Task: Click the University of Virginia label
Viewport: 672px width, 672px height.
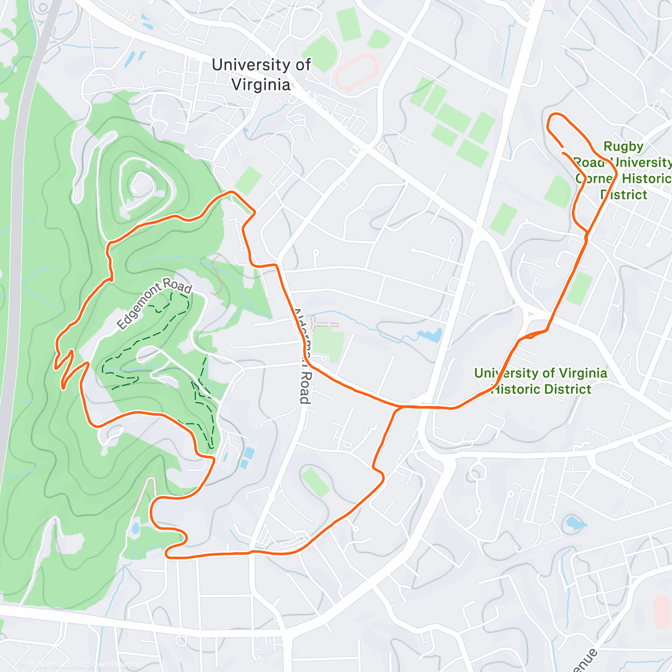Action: click(x=261, y=74)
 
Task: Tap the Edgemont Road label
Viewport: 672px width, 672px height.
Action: click(x=155, y=304)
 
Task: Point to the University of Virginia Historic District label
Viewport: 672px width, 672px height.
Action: click(x=540, y=381)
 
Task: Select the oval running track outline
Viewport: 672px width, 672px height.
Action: click(x=357, y=72)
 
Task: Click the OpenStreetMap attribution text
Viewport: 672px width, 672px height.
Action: click(x=117, y=665)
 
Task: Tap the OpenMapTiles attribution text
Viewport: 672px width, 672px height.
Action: click(x=54, y=665)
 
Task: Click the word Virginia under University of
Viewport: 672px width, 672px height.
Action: click(x=261, y=85)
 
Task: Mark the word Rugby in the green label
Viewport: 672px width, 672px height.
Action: click(x=623, y=147)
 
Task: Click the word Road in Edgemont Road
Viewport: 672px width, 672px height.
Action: click(x=179, y=286)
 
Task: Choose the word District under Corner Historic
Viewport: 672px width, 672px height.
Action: click(x=624, y=194)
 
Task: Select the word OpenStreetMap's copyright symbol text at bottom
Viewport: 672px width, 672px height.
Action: click(x=87, y=665)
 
